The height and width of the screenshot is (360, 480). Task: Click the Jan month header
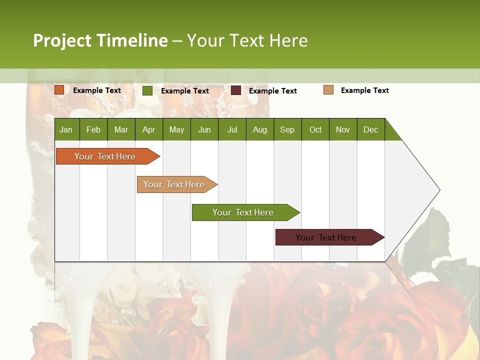click(x=66, y=129)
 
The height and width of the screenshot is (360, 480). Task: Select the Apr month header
click(x=148, y=129)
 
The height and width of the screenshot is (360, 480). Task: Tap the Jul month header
click(x=232, y=129)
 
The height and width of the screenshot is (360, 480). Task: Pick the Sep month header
click(x=287, y=129)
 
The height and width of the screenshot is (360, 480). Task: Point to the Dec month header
click(x=370, y=129)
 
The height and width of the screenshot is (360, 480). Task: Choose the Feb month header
click(x=93, y=129)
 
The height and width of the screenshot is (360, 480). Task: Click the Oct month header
click(x=315, y=129)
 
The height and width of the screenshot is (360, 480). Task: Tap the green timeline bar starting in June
click(x=243, y=212)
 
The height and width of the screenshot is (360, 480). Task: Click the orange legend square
click(x=59, y=90)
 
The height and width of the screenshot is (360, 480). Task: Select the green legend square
click(x=147, y=90)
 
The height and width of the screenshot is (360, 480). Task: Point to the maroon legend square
click(x=236, y=90)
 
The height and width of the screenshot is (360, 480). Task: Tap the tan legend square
click(x=328, y=90)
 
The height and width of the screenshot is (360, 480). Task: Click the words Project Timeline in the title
click(x=100, y=40)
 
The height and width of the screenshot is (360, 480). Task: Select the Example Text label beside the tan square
click(x=364, y=90)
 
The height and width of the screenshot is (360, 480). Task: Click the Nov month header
click(x=343, y=129)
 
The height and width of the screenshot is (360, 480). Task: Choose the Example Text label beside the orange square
click(x=97, y=90)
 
